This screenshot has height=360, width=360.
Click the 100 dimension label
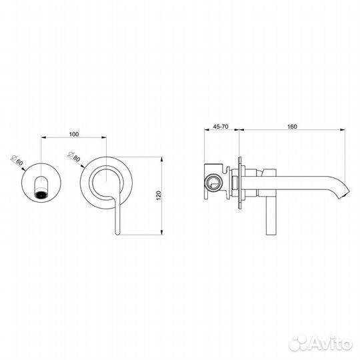74,134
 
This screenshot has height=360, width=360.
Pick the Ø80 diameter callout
75,159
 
